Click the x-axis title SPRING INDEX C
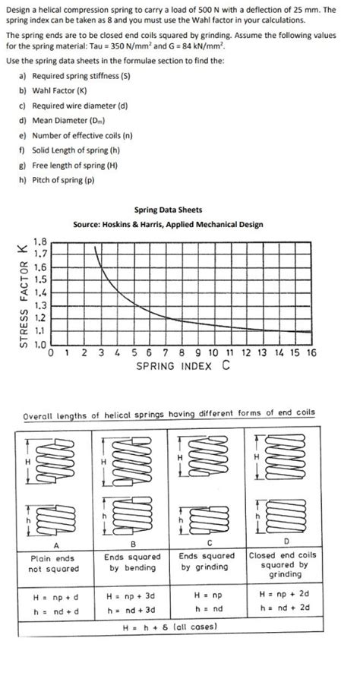tap(183, 365)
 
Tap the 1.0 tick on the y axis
tap(40, 344)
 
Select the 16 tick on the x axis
tap(311, 353)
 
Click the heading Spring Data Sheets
tap(168, 210)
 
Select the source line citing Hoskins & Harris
tap(168, 224)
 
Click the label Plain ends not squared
tap(53, 563)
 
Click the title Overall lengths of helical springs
tap(169, 415)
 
